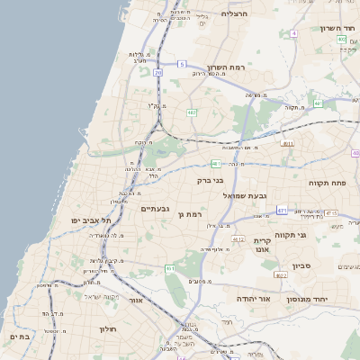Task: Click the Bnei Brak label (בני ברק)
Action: pyautogui.click(x=211, y=180)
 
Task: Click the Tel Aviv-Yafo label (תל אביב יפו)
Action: pyautogui.click(x=91, y=220)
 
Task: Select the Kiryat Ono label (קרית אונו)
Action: pyautogui.click(x=263, y=246)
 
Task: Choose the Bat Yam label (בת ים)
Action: pyautogui.click(x=19, y=336)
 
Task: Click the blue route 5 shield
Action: pyautogui.click(x=181, y=64)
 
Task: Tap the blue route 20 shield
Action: pyautogui.click(x=158, y=72)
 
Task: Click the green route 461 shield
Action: pyautogui.click(x=170, y=268)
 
